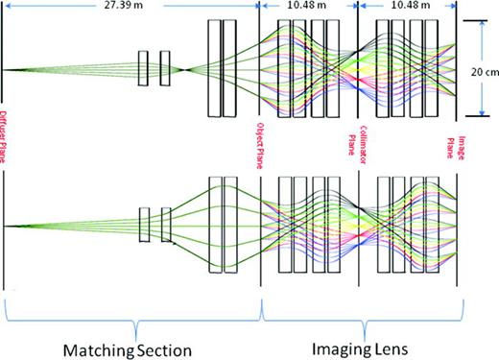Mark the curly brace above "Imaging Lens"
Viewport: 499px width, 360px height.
(x=364, y=308)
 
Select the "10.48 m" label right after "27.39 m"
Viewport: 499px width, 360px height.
(x=309, y=8)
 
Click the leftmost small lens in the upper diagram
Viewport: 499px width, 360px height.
(x=142, y=69)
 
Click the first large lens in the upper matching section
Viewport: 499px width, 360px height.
(x=214, y=69)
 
